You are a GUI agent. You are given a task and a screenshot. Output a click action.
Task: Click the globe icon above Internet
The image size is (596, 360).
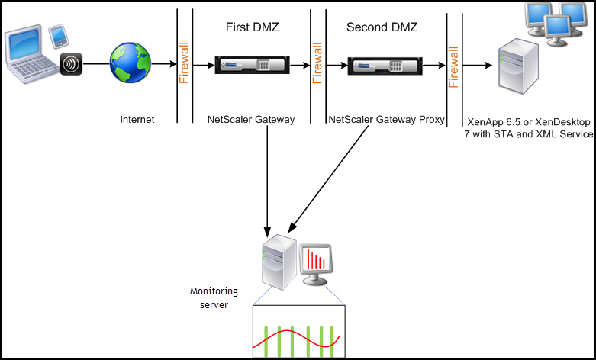coord(130,63)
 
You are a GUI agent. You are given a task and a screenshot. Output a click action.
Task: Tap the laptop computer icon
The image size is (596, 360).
coord(32,54)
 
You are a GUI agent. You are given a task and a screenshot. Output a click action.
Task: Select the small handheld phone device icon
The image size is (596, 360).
coord(59,37)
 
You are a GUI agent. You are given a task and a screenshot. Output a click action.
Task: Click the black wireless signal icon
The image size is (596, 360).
coord(71,64)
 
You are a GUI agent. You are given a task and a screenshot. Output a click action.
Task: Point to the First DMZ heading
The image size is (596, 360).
coord(253,27)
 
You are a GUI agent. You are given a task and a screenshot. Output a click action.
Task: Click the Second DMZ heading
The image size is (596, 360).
coord(382,27)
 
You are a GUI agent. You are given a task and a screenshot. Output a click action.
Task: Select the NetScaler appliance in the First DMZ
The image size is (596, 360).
coord(253,65)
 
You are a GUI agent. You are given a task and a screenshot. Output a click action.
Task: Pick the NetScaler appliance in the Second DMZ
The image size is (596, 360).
coord(385,66)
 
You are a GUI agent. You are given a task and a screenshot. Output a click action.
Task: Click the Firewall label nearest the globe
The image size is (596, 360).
coord(185,63)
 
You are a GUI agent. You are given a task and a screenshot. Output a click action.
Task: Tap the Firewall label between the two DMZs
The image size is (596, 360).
coord(317,63)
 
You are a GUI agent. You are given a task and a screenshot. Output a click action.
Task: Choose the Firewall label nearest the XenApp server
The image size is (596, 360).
coord(454,67)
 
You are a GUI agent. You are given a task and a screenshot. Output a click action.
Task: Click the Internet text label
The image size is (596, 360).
coord(137,120)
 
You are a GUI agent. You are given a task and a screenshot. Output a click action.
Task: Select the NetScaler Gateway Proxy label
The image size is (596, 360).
coord(387,120)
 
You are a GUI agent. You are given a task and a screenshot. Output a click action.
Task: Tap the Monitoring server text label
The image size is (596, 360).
coord(214,298)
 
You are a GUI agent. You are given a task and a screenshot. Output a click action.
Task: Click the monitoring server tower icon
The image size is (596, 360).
coord(279,262)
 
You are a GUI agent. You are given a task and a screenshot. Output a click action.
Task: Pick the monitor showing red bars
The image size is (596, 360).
coord(315,265)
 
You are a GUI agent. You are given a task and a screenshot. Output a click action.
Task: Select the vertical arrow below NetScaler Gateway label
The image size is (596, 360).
coord(267,181)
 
